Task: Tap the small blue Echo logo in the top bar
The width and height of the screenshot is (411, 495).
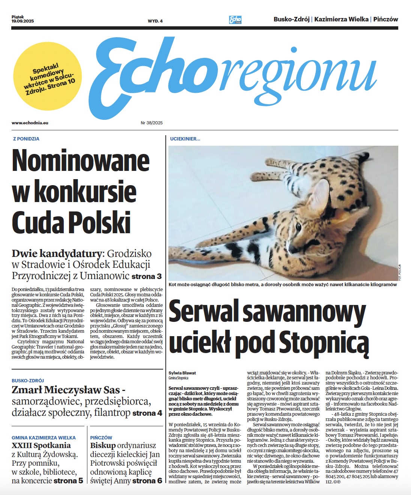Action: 235,20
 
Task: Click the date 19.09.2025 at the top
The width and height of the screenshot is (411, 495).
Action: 22,21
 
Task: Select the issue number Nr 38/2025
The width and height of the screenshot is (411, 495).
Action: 151,123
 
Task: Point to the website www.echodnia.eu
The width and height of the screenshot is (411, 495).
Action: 30,123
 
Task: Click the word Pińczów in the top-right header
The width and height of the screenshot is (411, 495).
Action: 385,19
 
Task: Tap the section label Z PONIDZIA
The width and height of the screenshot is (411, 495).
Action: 26,139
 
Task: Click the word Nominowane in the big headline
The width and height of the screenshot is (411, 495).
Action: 81,161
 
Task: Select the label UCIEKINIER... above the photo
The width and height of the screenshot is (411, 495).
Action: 185,139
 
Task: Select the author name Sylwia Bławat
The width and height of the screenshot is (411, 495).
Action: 182,373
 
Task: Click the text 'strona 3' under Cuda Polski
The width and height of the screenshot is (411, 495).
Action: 147,276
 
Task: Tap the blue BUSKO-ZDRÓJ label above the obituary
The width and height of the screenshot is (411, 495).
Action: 28,380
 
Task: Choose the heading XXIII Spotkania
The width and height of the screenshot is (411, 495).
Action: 41,445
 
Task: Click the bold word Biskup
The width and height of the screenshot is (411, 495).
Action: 103,445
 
